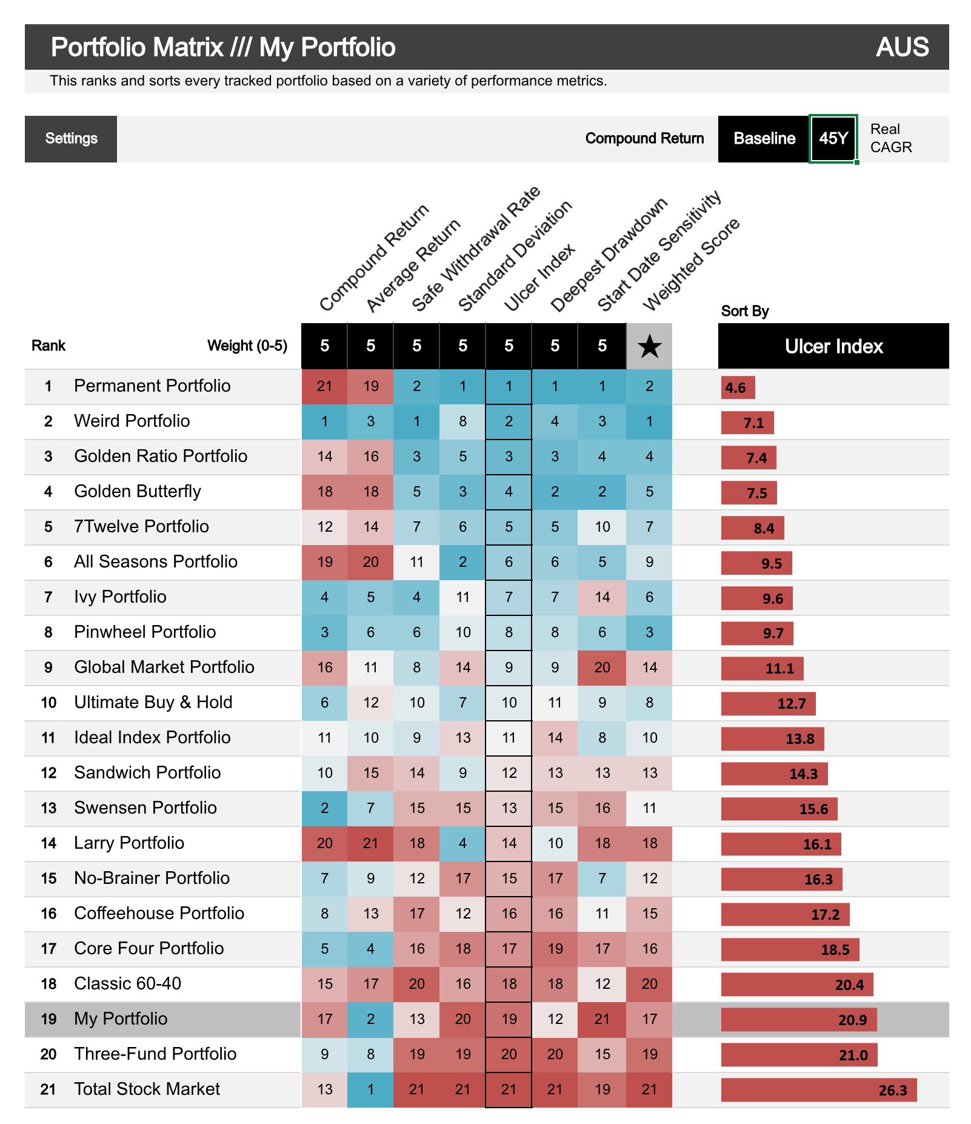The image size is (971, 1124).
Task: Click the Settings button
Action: coord(71,139)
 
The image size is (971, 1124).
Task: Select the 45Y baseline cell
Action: coord(833,139)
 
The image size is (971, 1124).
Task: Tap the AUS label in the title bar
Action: coord(902,47)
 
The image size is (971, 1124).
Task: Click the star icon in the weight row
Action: coord(649,346)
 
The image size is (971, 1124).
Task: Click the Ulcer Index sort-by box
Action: coord(833,346)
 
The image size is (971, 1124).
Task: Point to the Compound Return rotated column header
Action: coord(374,258)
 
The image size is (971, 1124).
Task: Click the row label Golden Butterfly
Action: coord(138,491)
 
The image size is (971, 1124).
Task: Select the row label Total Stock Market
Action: coord(147,1089)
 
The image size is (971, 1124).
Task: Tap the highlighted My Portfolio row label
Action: coord(121,1019)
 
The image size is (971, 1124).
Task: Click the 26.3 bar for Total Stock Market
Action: coord(818,1090)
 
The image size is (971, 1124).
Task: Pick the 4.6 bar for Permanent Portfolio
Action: coord(738,387)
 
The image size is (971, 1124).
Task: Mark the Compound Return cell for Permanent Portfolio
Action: coord(324,386)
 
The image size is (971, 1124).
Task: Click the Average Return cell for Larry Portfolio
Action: coord(370,843)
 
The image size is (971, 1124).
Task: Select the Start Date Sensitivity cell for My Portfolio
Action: coord(602,1019)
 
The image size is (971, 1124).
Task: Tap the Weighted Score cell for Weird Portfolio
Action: coord(649,421)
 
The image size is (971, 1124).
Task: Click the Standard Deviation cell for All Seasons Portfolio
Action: coord(462,562)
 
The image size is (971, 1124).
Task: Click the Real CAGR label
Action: coord(890,139)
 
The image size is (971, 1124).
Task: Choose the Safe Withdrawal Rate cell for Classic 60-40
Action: coord(416,984)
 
